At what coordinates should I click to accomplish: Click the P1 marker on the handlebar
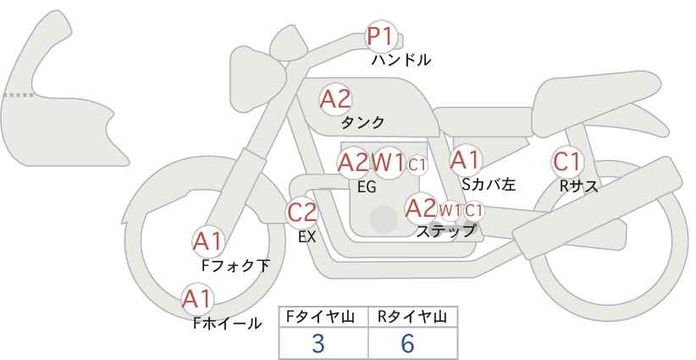pos(380,36)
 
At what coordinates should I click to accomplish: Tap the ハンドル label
pos(401,60)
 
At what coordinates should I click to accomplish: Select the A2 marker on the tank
pos(335,98)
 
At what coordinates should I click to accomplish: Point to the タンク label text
pos(362,123)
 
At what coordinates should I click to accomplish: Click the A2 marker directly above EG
pos(353,162)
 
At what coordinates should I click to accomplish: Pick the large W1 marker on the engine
pos(389,162)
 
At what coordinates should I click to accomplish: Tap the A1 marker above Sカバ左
pos(465,159)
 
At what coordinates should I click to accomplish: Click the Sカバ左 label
pos(489,183)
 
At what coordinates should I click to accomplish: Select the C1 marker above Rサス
pos(566,161)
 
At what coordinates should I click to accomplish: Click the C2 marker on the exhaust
pos(302,212)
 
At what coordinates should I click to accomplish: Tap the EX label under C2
pos(307,237)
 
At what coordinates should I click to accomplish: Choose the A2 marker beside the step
pos(420,208)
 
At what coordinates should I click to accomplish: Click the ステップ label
pos(445,230)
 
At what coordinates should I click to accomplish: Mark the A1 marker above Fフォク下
pos(207,241)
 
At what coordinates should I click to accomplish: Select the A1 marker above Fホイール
pos(197,298)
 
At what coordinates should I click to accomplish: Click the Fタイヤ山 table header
pos(323,317)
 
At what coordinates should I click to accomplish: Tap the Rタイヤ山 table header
pos(412,317)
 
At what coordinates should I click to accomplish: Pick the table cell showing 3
pos(318,343)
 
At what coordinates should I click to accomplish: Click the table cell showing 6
pos(407,343)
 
